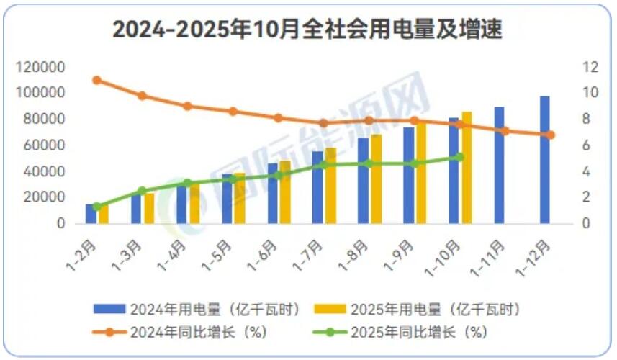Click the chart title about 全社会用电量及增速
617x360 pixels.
[x=307, y=30]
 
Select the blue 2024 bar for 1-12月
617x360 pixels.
[x=545, y=160]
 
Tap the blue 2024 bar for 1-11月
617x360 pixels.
[x=500, y=166]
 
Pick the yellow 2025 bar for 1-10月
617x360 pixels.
[x=467, y=168]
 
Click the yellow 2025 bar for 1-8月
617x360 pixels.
[x=376, y=179]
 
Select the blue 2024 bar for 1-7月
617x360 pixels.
[x=317, y=187]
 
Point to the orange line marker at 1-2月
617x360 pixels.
[x=96, y=80]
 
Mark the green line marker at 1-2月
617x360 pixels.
[x=96, y=207]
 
